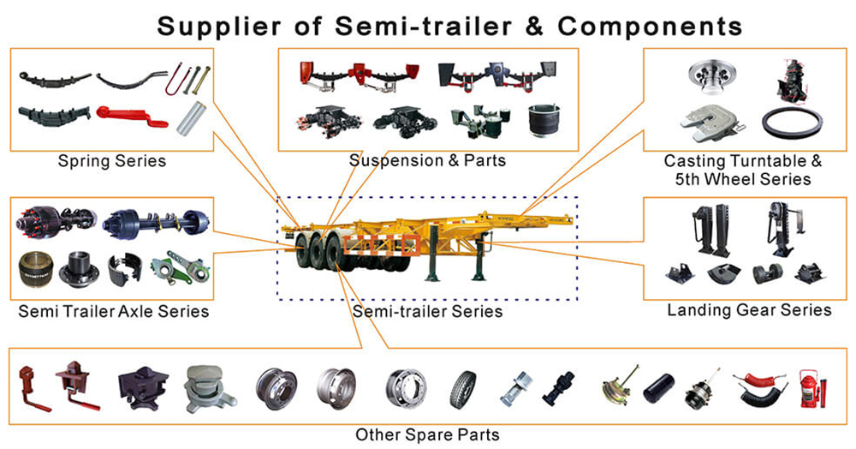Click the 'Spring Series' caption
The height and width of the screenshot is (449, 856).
click(x=111, y=160)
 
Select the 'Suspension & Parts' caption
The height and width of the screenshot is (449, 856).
click(x=427, y=160)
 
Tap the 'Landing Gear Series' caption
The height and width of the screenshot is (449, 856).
click(x=749, y=309)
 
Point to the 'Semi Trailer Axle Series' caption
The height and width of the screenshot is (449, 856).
click(x=113, y=311)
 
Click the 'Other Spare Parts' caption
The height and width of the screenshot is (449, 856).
click(x=427, y=434)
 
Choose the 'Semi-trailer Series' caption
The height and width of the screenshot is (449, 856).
click(x=427, y=311)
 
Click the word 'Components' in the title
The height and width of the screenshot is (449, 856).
click(x=650, y=26)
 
